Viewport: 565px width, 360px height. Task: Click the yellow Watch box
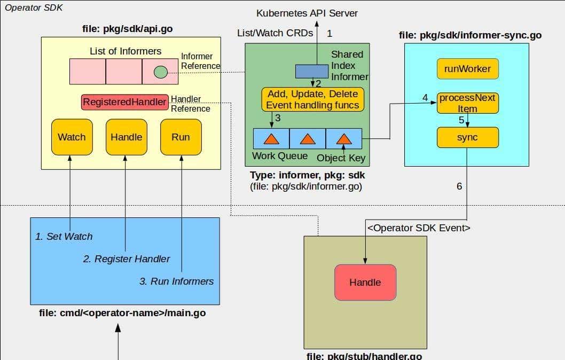tap(72, 137)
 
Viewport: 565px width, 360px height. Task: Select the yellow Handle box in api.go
tap(126, 137)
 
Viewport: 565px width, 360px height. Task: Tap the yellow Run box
tap(181, 137)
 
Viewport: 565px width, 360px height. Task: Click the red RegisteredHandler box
tap(124, 102)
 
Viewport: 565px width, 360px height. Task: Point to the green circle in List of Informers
tap(160, 72)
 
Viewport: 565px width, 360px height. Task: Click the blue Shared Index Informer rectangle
tap(312, 71)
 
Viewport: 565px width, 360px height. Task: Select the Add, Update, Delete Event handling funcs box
tap(313, 99)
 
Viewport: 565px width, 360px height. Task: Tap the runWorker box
tap(467, 68)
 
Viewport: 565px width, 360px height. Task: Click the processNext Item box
tap(467, 103)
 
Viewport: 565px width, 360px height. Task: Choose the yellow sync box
tap(467, 138)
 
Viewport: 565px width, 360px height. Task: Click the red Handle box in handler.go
tap(365, 282)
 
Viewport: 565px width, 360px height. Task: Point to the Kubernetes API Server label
tap(307, 13)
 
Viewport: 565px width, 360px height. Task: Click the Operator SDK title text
tap(30, 8)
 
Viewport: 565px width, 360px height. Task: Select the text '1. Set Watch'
tap(64, 236)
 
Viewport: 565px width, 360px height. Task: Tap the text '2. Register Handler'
tap(127, 259)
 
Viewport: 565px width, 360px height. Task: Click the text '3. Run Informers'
tap(176, 281)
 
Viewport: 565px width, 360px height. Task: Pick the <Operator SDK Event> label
tap(419, 228)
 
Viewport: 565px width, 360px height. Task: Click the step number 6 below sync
tap(459, 186)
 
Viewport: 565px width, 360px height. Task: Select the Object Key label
tap(341, 158)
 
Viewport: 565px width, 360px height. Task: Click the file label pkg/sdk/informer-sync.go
tap(470, 35)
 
